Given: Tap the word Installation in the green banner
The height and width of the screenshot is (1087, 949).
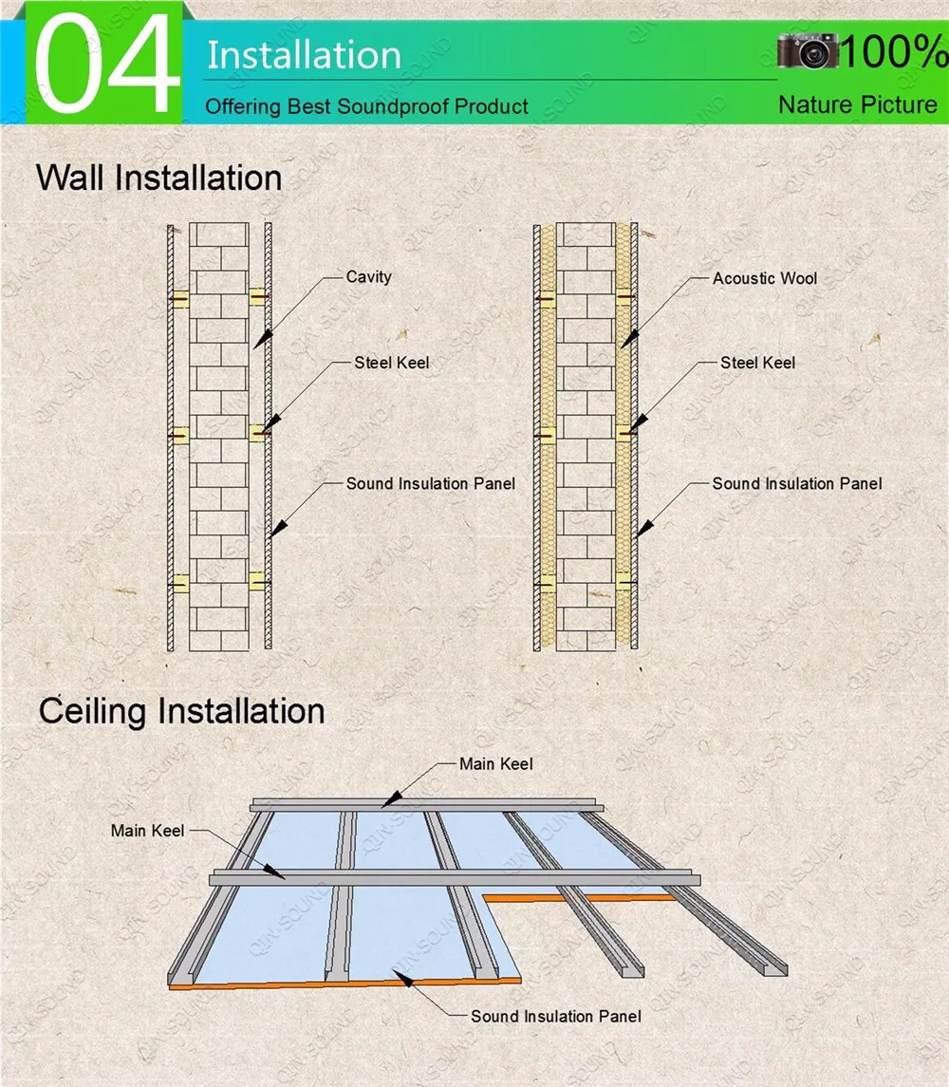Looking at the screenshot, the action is [x=304, y=54].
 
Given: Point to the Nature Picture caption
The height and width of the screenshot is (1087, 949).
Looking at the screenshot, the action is [x=857, y=104].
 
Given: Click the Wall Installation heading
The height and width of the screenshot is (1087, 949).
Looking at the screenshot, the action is [x=158, y=178].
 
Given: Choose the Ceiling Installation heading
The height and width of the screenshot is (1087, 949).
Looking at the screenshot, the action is [x=181, y=711].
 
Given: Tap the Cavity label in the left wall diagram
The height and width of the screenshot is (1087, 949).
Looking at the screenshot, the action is [x=368, y=277].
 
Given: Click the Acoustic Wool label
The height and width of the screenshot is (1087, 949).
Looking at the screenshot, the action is [x=764, y=278].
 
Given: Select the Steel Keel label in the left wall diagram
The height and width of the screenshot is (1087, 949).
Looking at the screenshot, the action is [x=391, y=363].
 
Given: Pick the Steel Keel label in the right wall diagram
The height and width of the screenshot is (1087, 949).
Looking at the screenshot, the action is [x=757, y=363].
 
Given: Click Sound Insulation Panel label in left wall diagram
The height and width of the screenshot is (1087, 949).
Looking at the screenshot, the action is [x=430, y=483].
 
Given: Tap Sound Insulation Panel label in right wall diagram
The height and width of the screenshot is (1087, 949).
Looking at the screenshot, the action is [x=796, y=483].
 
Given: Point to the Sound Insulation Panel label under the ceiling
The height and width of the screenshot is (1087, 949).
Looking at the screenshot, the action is [x=555, y=1016].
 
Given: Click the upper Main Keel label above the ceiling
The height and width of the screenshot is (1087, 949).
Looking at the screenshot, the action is [x=495, y=763].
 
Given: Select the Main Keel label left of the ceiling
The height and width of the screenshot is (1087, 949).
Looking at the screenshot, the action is [x=147, y=831].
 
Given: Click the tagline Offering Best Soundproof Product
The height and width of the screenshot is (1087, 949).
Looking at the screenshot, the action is [x=366, y=106].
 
